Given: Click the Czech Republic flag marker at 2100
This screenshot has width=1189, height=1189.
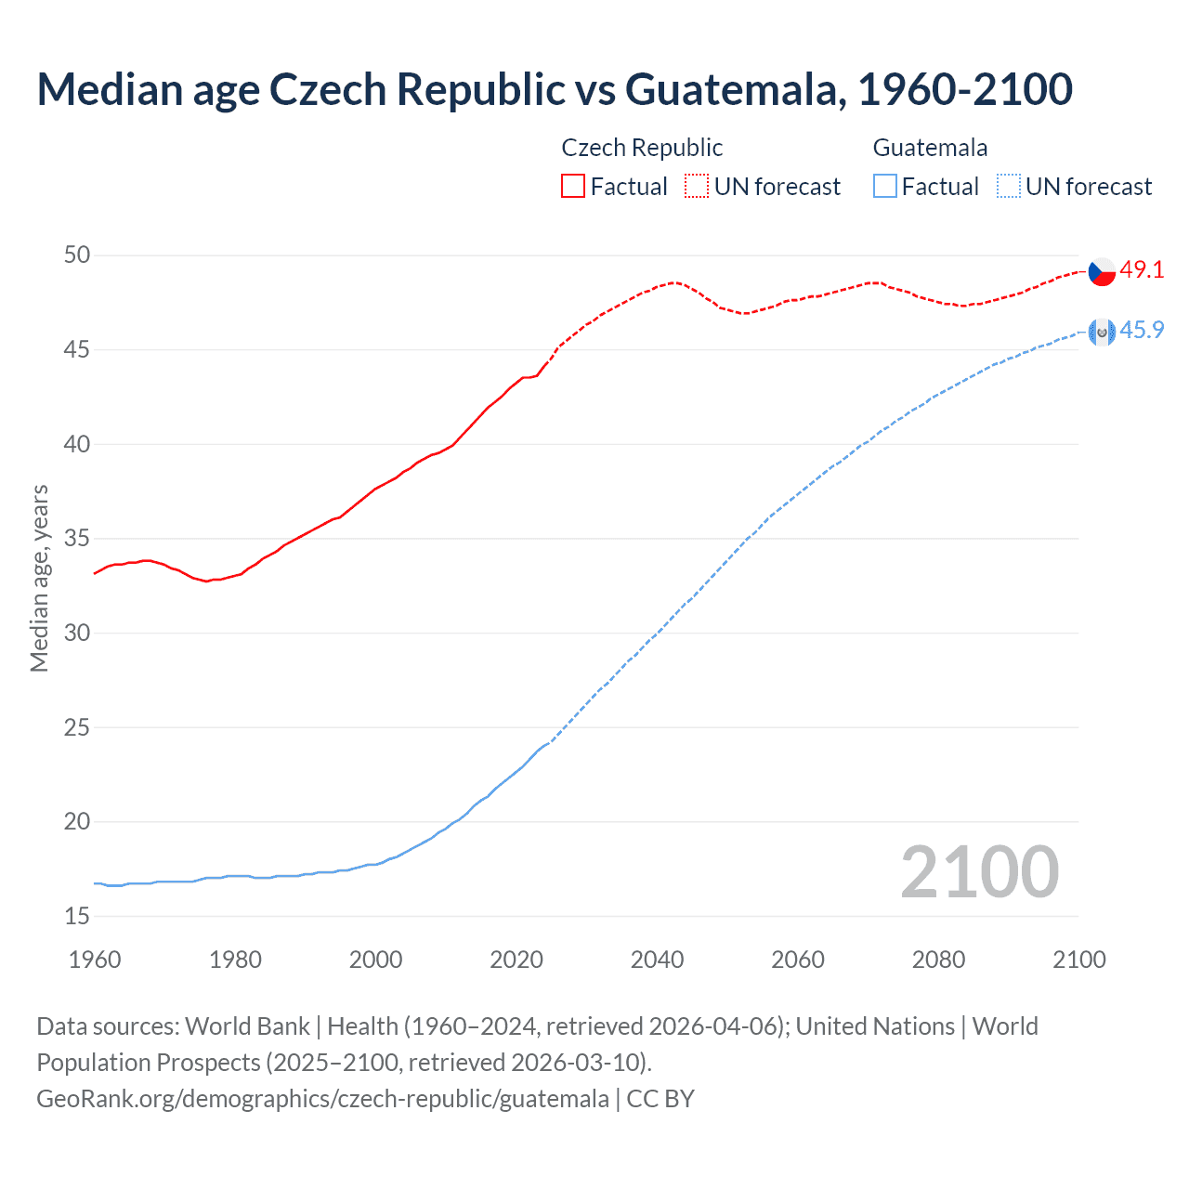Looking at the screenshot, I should point(1101,271).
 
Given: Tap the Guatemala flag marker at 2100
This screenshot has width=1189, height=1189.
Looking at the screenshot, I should point(1101,332).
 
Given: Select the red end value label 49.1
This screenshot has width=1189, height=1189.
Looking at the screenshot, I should point(1142,269).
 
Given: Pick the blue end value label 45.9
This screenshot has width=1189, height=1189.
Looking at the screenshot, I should point(1142,330).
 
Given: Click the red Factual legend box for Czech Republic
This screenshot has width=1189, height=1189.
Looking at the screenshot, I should point(573,187).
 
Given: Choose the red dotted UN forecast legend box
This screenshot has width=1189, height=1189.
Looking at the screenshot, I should point(697,187).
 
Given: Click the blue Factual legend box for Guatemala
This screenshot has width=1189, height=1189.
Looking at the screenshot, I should point(885,187).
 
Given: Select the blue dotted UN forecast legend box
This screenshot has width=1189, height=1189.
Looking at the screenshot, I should point(1008,187).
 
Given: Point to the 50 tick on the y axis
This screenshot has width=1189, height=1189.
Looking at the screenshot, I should point(78,255).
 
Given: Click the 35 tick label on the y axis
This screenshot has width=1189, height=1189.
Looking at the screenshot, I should point(78,538).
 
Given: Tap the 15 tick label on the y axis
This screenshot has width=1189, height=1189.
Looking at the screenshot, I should point(78,916).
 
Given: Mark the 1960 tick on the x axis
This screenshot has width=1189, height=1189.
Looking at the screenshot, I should point(95,960).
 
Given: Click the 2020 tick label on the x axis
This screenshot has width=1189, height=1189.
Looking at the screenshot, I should point(516,960).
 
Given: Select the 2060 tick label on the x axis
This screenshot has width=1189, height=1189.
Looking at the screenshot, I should point(798,960).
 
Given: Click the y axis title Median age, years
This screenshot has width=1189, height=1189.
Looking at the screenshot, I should point(39,578).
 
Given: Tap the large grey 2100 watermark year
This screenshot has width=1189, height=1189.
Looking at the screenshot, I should point(979,871).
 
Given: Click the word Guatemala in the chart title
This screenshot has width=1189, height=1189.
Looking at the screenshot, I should point(735,89).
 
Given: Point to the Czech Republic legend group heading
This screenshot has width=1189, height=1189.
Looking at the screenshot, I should point(642,148).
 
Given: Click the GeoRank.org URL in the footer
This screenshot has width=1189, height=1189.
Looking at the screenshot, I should point(322,1098).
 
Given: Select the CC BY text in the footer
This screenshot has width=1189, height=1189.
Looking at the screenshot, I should point(660,1098).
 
